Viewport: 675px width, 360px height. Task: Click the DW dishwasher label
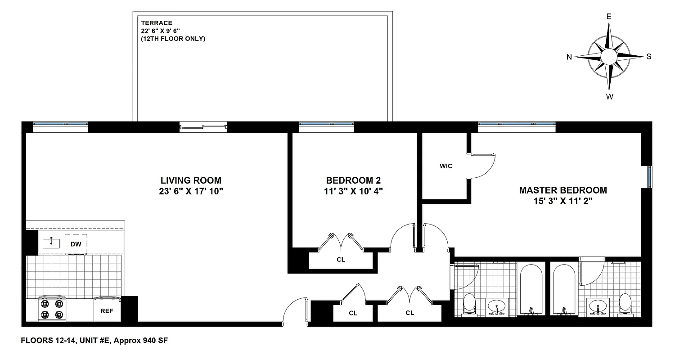pos(75,243)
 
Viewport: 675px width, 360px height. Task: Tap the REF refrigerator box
pos(107,310)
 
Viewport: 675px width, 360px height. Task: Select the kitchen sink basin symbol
pos(51,243)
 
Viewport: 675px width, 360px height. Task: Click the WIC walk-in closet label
pos(445,166)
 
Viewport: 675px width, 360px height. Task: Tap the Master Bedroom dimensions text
pos(562,202)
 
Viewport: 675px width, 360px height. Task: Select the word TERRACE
pos(156,23)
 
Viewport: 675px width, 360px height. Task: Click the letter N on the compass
pos(569,57)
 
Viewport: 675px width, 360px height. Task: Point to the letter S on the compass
pos(648,57)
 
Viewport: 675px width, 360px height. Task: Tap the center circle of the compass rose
pos(608,57)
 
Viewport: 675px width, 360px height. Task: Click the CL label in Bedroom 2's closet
pos(341,260)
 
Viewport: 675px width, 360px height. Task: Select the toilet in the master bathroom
pos(625,304)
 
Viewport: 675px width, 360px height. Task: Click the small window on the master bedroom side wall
pos(649,177)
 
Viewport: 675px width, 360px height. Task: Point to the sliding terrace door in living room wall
pos(203,127)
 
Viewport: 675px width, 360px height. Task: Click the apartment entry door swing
pos(293,310)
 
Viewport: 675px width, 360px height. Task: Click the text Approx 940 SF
pos(141,341)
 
